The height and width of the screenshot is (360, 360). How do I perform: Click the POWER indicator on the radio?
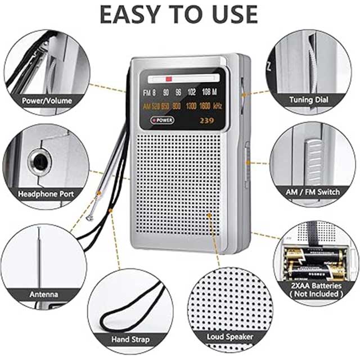click(163, 120)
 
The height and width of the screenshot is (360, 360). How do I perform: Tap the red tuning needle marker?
click(169, 79)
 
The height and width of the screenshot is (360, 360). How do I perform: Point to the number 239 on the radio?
click(207, 120)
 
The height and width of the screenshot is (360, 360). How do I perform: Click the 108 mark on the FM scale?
click(206, 92)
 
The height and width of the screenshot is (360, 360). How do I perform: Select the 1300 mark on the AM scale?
click(191, 106)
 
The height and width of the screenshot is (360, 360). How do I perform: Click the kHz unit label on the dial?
click(218, 106)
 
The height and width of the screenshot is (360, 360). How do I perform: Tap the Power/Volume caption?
click(47, 101)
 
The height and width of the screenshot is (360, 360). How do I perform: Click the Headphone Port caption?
click(46, 194)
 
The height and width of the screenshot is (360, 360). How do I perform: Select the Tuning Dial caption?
click(309, 100)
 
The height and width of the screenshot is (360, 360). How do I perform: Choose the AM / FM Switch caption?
click(313, 192)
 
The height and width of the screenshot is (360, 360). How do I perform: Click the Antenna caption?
click(44, 294)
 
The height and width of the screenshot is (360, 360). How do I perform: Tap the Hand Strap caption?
click(130, 339)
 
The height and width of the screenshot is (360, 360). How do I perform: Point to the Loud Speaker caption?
click(230, 337)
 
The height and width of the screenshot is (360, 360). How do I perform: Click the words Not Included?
click(316, 294)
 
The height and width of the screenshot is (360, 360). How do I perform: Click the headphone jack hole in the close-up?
click(39, 162)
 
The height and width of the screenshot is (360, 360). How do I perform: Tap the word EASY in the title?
click(130, 14)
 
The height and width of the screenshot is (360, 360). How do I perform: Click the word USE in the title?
click(235, 14)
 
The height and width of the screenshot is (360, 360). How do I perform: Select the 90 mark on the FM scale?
click(166, 92)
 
